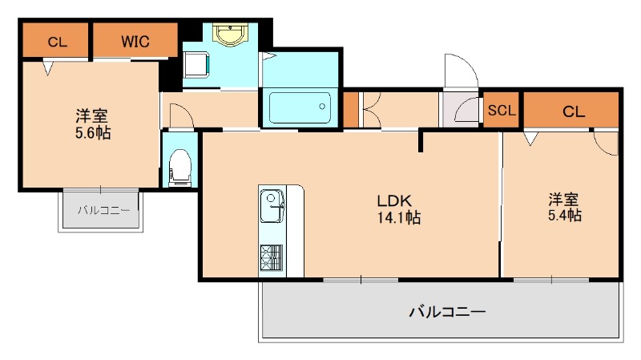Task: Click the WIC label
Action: coord(134,41)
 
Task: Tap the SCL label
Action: coord(502,111)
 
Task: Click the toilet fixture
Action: coord(180,166)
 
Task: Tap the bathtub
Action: coord(299,107)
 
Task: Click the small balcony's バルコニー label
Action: coord(103,210)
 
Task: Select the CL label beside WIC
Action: coord(56,42)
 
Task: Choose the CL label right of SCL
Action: coord(574,111)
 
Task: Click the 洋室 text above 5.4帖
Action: coord(564,199)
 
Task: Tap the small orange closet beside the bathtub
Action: coord(351,109)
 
